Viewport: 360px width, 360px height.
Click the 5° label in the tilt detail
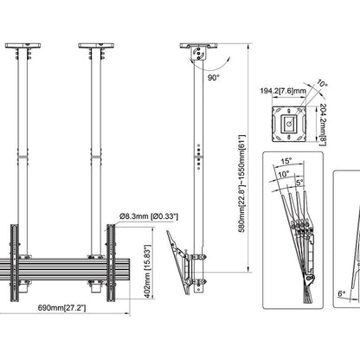[x=299, y=183]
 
